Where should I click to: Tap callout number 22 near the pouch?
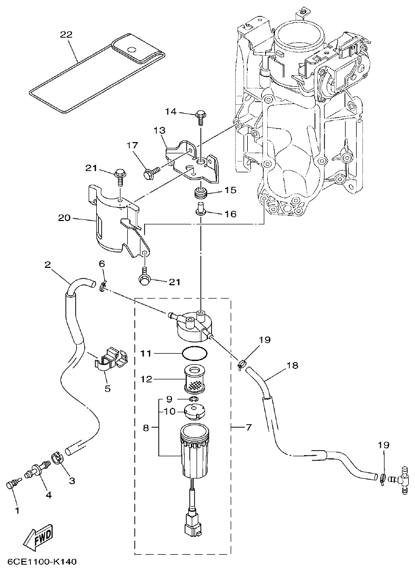point(66,34)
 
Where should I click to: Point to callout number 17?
point(131,145)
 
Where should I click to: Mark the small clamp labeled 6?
point(102,286)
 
